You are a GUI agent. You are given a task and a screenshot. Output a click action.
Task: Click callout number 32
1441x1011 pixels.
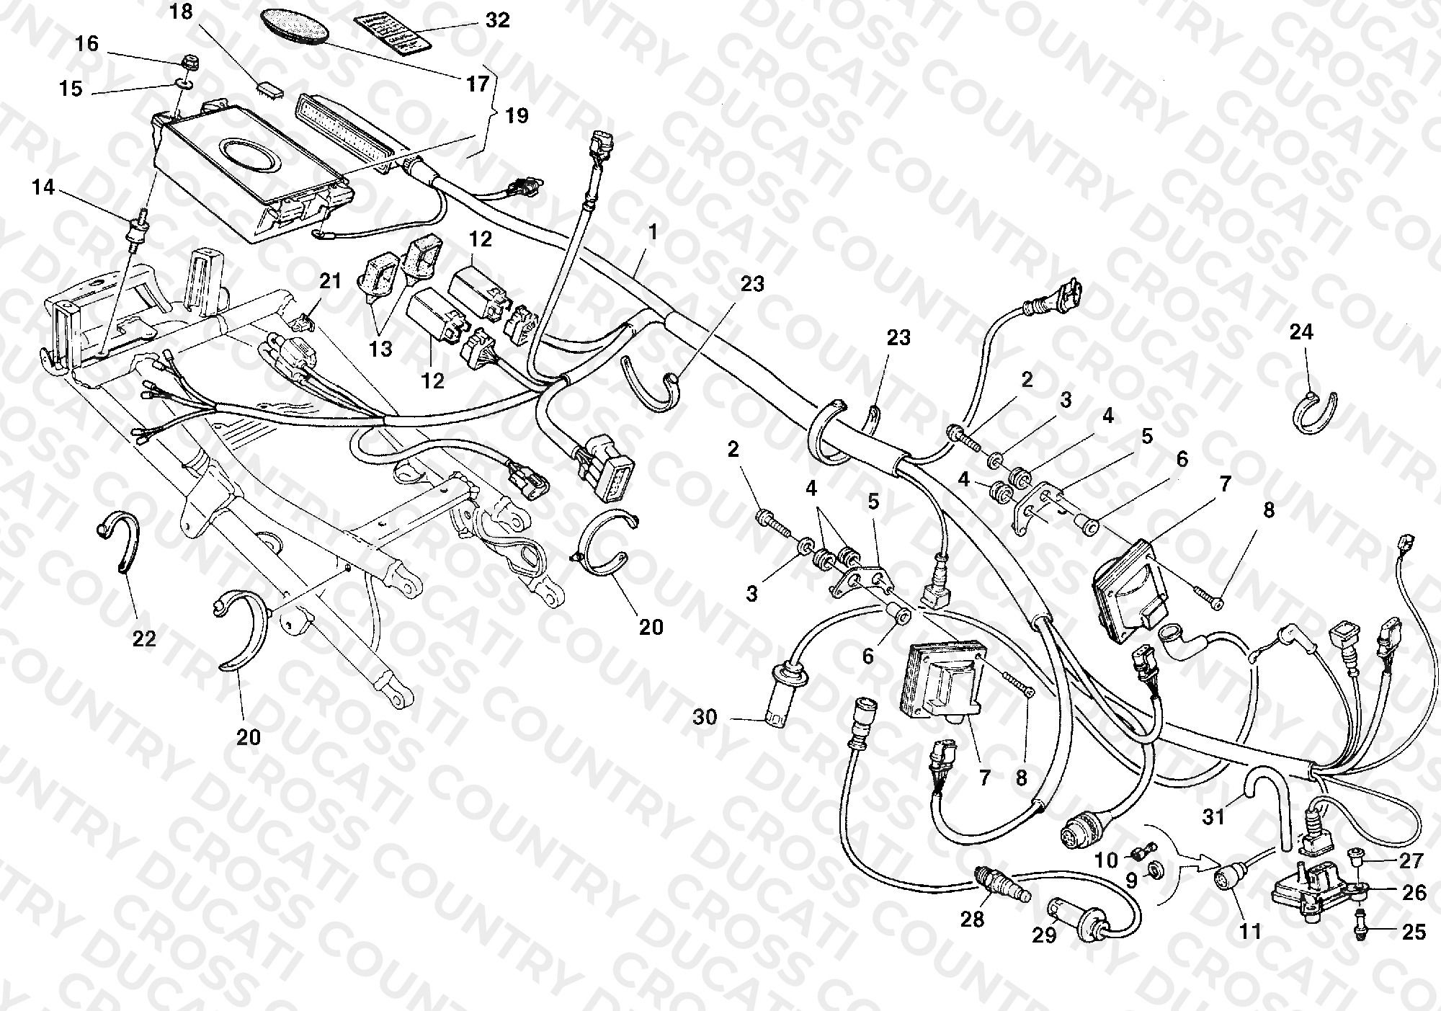point(497,19)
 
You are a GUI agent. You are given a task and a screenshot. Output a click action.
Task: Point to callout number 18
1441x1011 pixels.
point(181,12)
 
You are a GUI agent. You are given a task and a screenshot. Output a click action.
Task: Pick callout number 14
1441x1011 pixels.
point(43,187)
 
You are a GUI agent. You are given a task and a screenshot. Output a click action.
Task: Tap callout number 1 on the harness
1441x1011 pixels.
point(653,232)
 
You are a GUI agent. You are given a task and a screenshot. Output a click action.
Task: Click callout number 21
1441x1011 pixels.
point(330,281)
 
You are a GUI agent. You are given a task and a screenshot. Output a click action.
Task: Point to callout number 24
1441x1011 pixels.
point(1301,332)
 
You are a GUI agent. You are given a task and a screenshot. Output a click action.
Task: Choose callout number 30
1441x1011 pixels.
point(705,717)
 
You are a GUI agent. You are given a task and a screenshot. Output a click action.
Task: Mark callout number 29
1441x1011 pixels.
point(1044,935)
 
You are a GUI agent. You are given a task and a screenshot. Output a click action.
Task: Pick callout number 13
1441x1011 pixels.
point(380,349)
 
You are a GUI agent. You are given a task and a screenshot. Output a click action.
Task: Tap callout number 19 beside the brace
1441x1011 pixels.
point(516,115)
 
